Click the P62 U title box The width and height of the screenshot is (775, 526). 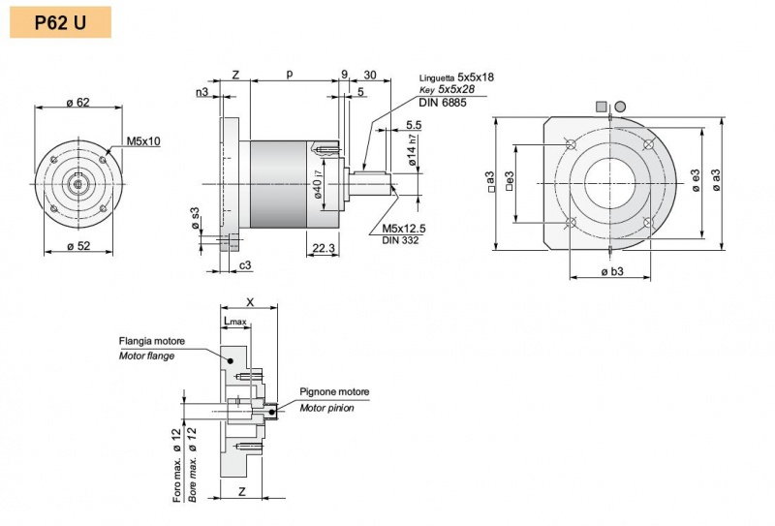pyautogui.click(x=60, y=20)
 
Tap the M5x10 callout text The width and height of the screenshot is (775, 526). pyautogui.click(x=142, y=140)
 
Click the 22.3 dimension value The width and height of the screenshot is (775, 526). pyautogui.click(x=324, y=248)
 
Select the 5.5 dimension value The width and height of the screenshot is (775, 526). pyautogui.click(x=414, y=125)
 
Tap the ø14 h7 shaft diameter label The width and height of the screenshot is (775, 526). pyautogui.click(x=413, y=153)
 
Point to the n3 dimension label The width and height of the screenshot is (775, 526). pyautogui.click(x=201, y=93)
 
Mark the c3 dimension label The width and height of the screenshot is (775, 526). pyautogui.click(x=246, y=264)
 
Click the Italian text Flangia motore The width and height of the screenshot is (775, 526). pyautogui.click(x=152, y=341)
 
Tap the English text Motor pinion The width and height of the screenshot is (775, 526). pyautogui.click(x=326, y=408)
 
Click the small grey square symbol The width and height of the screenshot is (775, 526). pyautogui.click(x=603, y=106)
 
